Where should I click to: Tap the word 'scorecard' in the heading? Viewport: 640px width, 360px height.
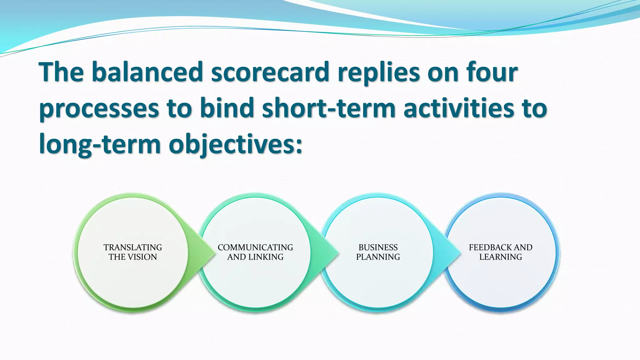click(x=270, y=72)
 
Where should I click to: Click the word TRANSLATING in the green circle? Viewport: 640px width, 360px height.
click(x=133, y=247)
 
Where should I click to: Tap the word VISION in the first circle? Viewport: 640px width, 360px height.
click(x=142, y=257)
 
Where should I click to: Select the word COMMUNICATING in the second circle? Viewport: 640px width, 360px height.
click(x=255, y=247)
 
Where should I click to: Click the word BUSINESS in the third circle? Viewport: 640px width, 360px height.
click(x=378, y=247)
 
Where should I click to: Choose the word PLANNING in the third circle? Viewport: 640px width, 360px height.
click(x=378, y=257)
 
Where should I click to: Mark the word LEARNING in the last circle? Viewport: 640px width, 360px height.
click(x=500, y=257)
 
